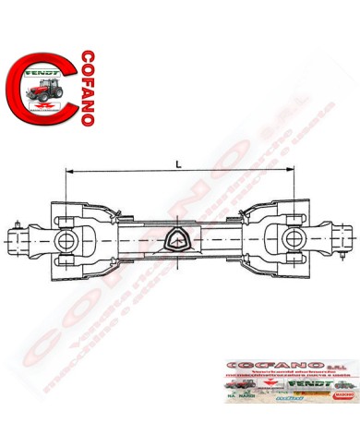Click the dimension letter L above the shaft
(176, 163)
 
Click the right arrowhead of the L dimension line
(291, 173)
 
